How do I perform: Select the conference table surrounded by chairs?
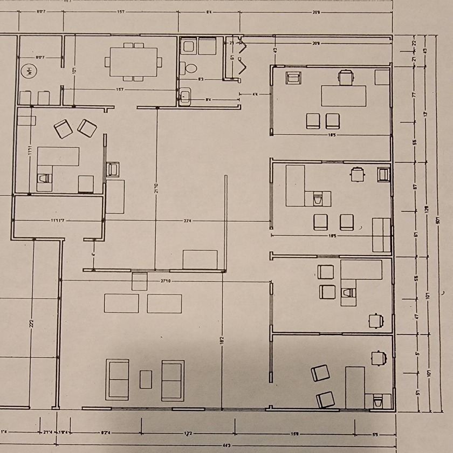[133, 61]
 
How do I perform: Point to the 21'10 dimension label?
[156, 189]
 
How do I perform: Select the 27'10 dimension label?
[166, 280]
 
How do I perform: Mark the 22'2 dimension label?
[33, 324]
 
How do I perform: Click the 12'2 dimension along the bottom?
[188, 433]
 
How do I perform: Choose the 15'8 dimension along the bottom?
[295, 433]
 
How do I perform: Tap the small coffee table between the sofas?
[146, 379]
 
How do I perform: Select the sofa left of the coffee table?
[118, 380]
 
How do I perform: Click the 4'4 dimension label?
[255, 94]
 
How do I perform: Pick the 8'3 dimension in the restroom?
[201, 80]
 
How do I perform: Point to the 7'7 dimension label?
[416, 94]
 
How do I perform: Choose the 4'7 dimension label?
[416, 316]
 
